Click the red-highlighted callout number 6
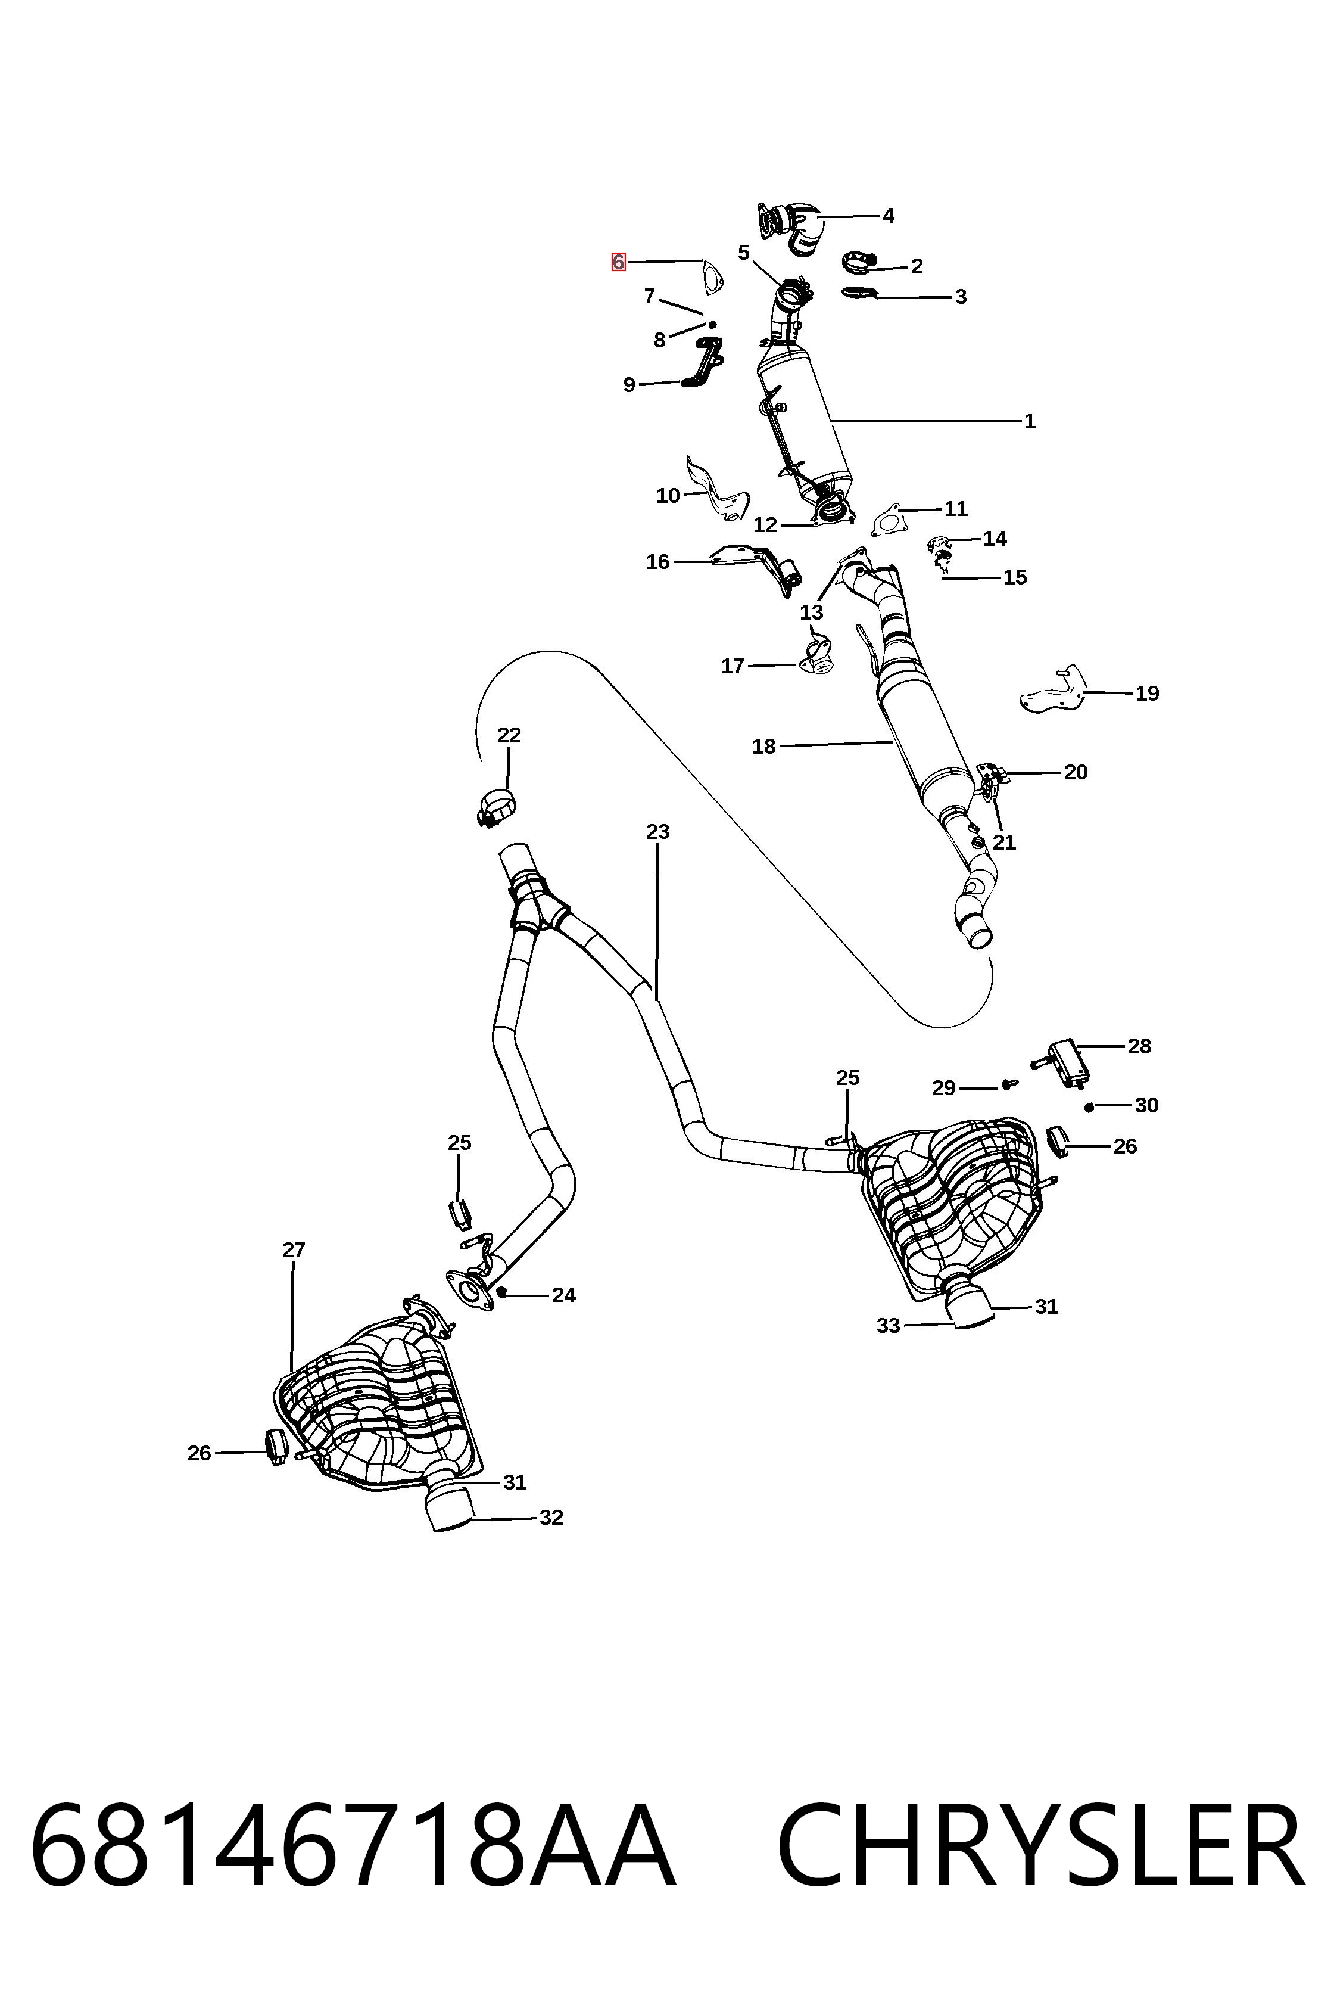click(619, 262)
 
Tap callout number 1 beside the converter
click(1030, 421)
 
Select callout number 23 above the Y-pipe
click(657, 832)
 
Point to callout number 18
click(764, 747)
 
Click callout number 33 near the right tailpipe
click(888, 1325)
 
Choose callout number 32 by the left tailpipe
click(551, 1518)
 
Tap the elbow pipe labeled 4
click(792, 227)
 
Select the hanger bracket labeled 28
click(1064, 1064)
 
